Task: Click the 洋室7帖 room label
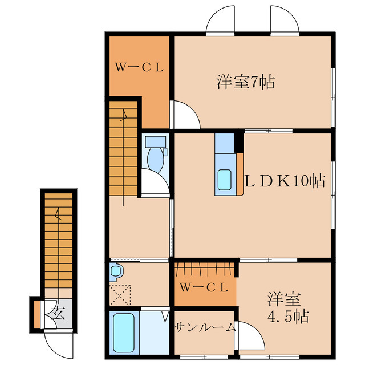pos(245,83)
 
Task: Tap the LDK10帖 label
pos(285,181)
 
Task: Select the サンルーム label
pos(204,327)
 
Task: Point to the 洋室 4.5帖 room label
pos(288,308)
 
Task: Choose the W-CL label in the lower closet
pos(204,287)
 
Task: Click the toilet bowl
pos(156,157)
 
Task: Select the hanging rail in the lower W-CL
pos(205,269)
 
